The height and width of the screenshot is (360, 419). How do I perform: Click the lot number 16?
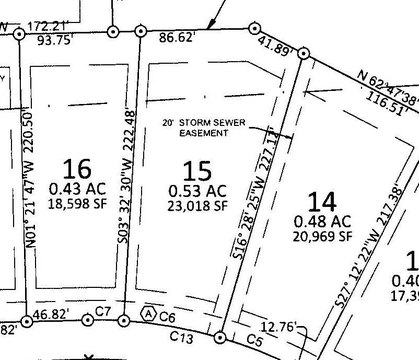[x=75, y=166]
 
